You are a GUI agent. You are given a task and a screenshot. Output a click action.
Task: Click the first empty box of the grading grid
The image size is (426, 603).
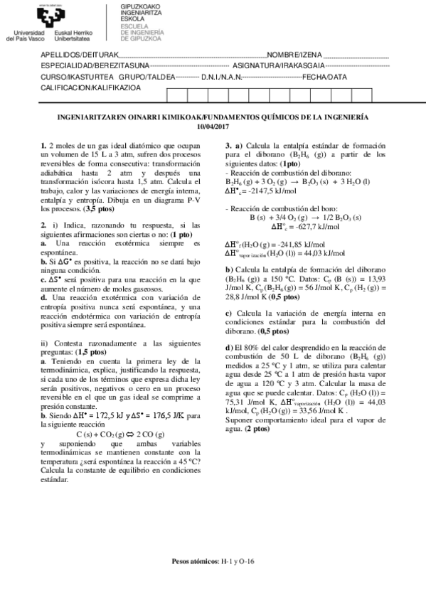click(176, 95)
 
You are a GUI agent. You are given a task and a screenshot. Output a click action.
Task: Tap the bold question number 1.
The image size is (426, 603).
click(44, 145)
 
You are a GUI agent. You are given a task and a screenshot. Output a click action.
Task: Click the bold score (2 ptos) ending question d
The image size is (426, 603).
click(257, 429)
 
